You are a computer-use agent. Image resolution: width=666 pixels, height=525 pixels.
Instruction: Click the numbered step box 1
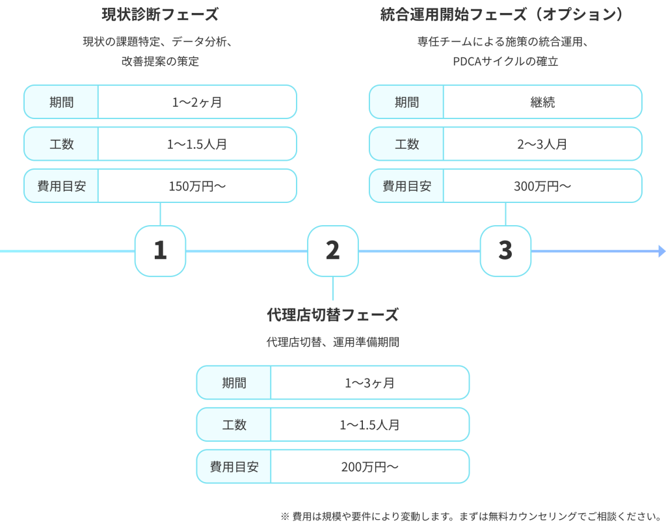(160, 251)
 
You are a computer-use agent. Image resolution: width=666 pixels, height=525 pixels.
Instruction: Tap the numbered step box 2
(332, 251)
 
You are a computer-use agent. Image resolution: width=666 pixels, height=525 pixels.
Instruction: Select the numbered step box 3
(505, 251)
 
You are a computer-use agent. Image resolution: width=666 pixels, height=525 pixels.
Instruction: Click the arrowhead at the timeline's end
(661, 251)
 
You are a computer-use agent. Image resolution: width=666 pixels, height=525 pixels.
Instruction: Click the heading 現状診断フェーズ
(160, 14)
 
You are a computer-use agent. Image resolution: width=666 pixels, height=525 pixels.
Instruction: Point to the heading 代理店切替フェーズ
(332, 315)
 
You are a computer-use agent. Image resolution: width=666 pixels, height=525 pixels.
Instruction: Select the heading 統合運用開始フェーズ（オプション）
(505, 14)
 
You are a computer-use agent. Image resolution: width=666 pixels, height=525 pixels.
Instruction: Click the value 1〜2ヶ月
(197, 101)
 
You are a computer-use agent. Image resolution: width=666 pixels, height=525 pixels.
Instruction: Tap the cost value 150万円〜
(197, 186)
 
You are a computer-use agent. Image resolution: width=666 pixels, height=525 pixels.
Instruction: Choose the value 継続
(542, 101)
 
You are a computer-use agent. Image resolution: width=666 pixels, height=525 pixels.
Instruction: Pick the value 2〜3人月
(542, 144)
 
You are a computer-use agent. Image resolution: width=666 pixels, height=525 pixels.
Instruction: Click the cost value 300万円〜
(542, 186)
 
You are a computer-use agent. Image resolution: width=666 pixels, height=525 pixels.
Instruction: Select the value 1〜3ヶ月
(369, 383)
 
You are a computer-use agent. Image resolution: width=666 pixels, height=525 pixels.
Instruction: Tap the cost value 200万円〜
(369, 466)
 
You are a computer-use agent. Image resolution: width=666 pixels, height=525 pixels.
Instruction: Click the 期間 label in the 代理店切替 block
(234, 383)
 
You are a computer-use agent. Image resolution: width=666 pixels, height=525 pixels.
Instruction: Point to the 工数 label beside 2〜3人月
(406, 144)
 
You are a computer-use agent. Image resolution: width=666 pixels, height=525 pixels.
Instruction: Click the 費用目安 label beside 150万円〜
(62, 186)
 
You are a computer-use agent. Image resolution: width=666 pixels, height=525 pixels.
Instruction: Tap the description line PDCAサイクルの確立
(505, 62)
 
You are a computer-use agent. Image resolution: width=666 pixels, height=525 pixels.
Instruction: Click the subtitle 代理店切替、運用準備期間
(332, 342)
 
